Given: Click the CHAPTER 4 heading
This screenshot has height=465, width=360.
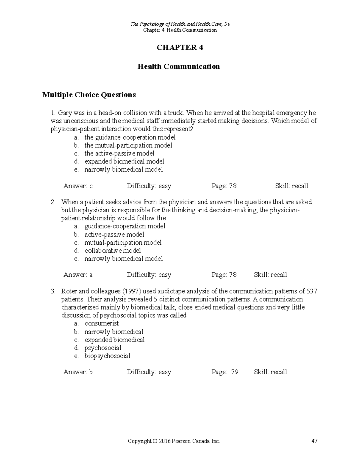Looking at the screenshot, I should point(180,48).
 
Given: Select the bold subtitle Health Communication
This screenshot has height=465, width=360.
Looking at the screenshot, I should point(178,66).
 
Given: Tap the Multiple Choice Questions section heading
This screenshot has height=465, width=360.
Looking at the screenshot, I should point(89,95).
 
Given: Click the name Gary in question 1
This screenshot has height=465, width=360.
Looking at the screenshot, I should point(65,113).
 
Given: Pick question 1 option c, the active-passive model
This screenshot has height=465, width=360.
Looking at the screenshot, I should point(119,153).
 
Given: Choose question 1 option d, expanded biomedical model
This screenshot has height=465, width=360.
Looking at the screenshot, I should point(124,161).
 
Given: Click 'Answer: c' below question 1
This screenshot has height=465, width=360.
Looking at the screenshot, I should point(78,186).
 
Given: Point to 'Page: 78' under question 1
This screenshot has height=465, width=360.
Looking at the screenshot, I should point(224,186).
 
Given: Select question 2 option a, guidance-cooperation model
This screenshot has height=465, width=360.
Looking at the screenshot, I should point(125,226).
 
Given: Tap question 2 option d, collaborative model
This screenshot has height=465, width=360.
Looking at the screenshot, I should point(112,250).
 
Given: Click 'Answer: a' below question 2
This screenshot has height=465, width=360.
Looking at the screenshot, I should point(78,275).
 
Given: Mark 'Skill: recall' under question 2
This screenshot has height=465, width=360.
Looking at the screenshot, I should point(270,275).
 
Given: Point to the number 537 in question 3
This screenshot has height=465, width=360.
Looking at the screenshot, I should point(312,291).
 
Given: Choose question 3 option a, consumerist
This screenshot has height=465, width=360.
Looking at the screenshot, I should point(102,323).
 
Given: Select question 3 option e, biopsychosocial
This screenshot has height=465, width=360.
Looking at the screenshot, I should point(107,356).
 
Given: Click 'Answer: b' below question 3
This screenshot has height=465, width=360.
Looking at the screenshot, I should point(78,372).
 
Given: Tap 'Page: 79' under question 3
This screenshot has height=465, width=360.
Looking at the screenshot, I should point(225,372).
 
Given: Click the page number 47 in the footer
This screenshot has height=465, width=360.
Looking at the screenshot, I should point(314,441).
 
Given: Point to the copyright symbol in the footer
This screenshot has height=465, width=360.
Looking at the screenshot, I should point(155,441).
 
